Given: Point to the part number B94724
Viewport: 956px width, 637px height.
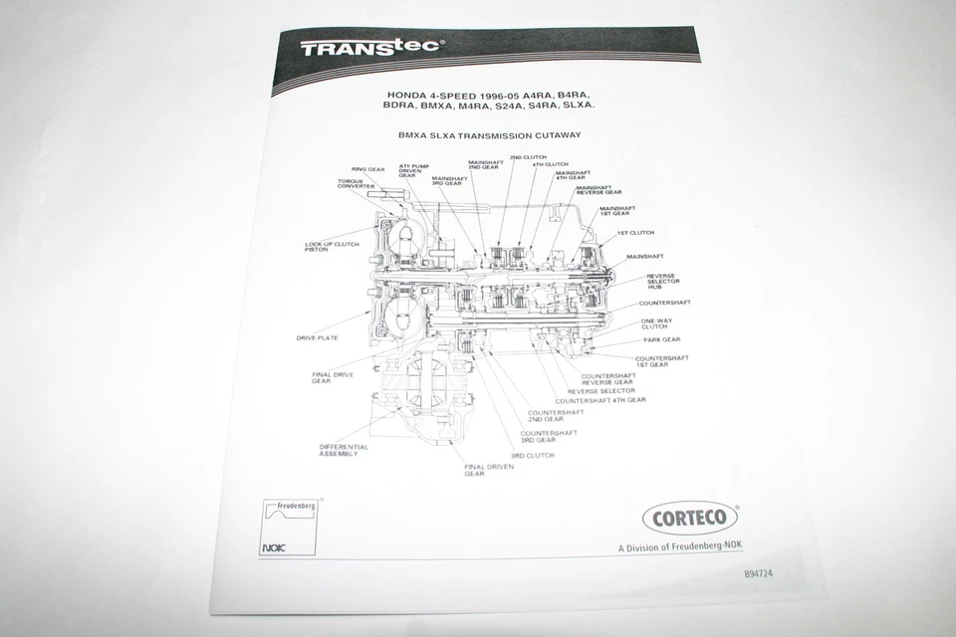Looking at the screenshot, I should coord(758,574).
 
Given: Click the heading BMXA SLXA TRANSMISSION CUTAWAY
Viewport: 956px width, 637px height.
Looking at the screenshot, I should coord(488,133).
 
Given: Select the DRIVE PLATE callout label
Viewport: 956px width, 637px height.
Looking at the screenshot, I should coord(317,338).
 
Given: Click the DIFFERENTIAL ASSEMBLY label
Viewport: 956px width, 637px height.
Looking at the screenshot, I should coord(344,450).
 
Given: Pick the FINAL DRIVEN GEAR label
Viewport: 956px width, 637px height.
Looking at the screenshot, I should coord(488,470).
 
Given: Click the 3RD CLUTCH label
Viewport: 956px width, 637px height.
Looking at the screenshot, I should coord(532,455).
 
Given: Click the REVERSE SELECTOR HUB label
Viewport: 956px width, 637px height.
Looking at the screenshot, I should coord(662,282).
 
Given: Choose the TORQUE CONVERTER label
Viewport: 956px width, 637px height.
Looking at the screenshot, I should coord(356,184).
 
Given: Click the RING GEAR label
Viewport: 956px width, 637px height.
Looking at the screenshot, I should coord(367,169).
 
